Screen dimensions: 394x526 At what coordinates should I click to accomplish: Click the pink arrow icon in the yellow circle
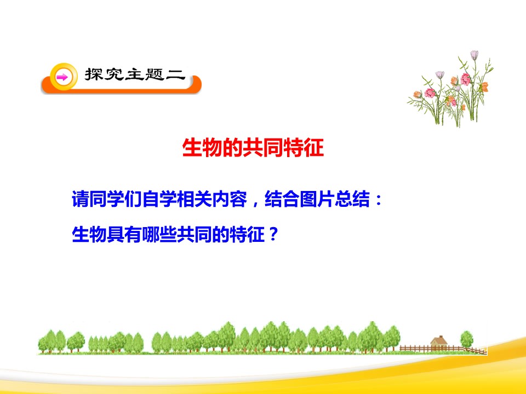click(x=62, y=77)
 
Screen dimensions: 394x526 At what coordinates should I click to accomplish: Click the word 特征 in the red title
click(x=304, y=148)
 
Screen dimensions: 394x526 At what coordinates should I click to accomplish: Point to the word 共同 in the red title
click(x=263, y=148)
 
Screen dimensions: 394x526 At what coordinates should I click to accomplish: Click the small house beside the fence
click(x=439, y=343)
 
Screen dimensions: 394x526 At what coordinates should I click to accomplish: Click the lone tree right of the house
click(x=466, y=338)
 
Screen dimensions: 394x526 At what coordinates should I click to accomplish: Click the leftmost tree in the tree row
click(x=45, y=340)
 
